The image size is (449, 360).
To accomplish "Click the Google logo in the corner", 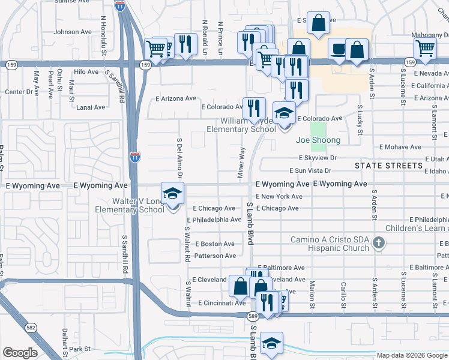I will [20, 353].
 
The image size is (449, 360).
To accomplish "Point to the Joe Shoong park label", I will [318, 140].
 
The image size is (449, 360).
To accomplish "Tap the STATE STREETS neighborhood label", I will [388, 165].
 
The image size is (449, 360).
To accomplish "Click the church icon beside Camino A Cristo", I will [378, 243].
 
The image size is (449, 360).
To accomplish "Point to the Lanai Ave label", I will [91, 107].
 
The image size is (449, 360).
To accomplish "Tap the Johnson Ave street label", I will [73, 32].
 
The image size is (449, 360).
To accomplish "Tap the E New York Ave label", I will [279, 197].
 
